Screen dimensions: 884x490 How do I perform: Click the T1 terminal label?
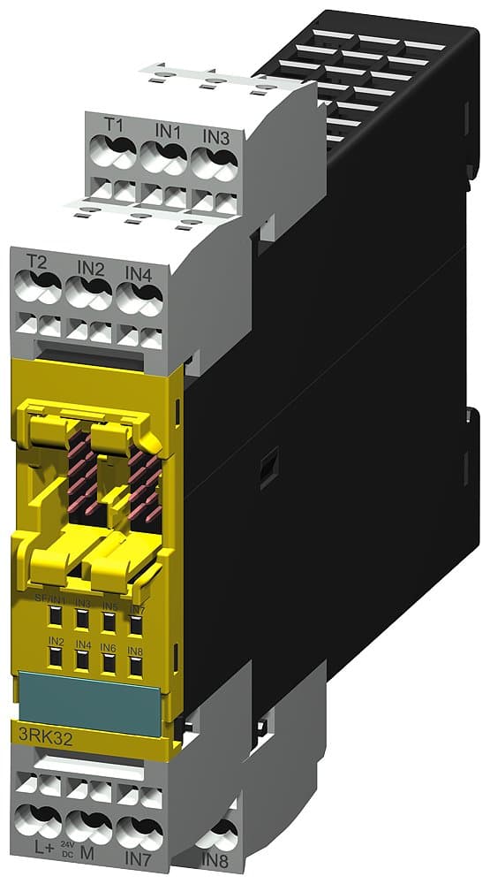[x=114, y=126]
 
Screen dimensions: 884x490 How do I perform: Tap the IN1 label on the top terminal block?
[x=168, y=130]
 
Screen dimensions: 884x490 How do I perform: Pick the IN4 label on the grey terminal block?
[x=139, y=273]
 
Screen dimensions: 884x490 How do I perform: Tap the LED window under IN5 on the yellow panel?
[x=109, y=622]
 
